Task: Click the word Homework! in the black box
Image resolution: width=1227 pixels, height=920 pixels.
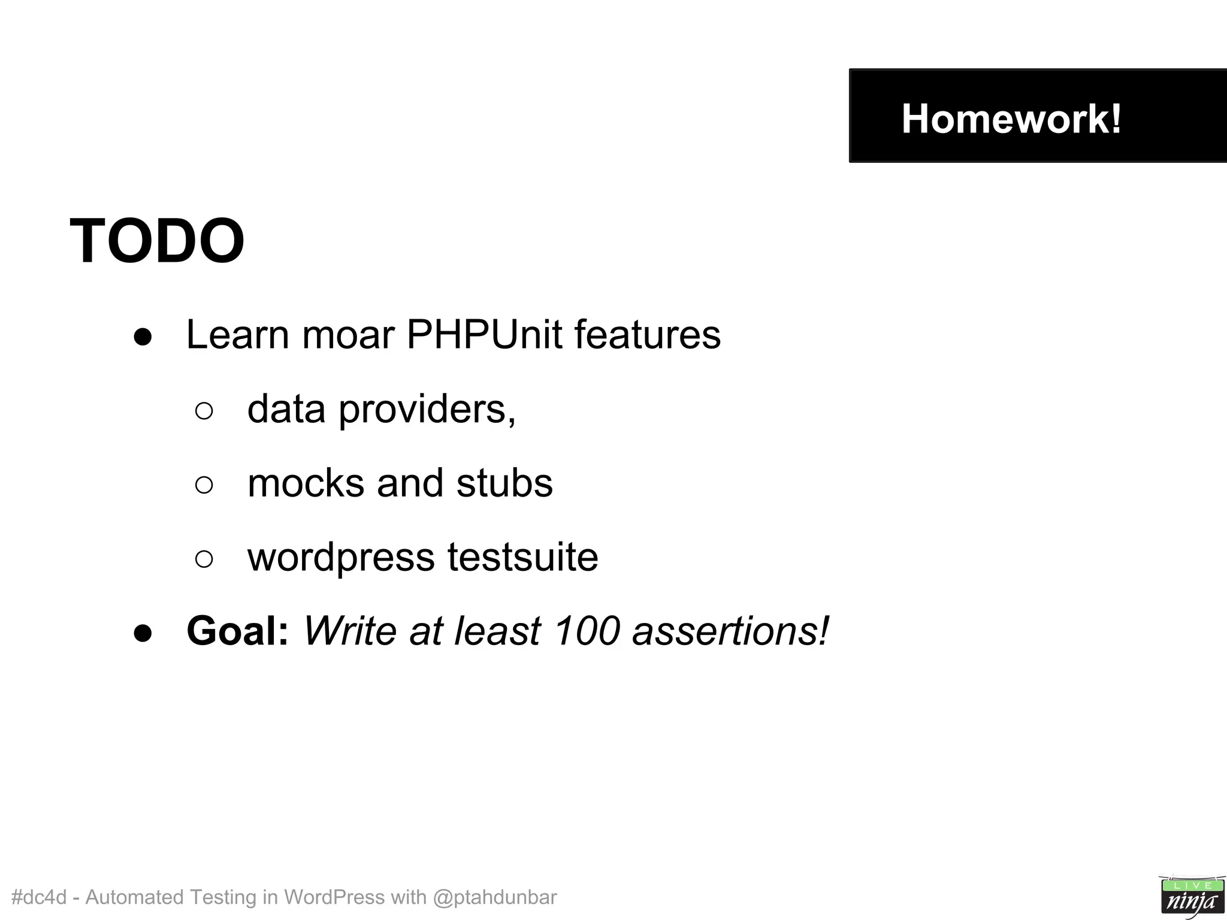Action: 1011,119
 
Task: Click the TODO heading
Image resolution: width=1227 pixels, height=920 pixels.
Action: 157,241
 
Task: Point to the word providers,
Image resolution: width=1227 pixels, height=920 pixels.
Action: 427,410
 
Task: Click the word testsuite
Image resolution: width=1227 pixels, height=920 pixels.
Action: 522,557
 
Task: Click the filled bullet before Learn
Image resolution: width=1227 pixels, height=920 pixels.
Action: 143,337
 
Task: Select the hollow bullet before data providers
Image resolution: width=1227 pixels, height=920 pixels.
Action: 204,411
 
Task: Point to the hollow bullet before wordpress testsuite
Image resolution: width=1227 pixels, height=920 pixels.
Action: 204,559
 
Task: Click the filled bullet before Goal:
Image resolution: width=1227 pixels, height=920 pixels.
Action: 143,634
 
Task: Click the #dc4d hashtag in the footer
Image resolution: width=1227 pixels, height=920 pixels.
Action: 38,897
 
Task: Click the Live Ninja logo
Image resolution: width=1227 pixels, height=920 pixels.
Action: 1192,896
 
